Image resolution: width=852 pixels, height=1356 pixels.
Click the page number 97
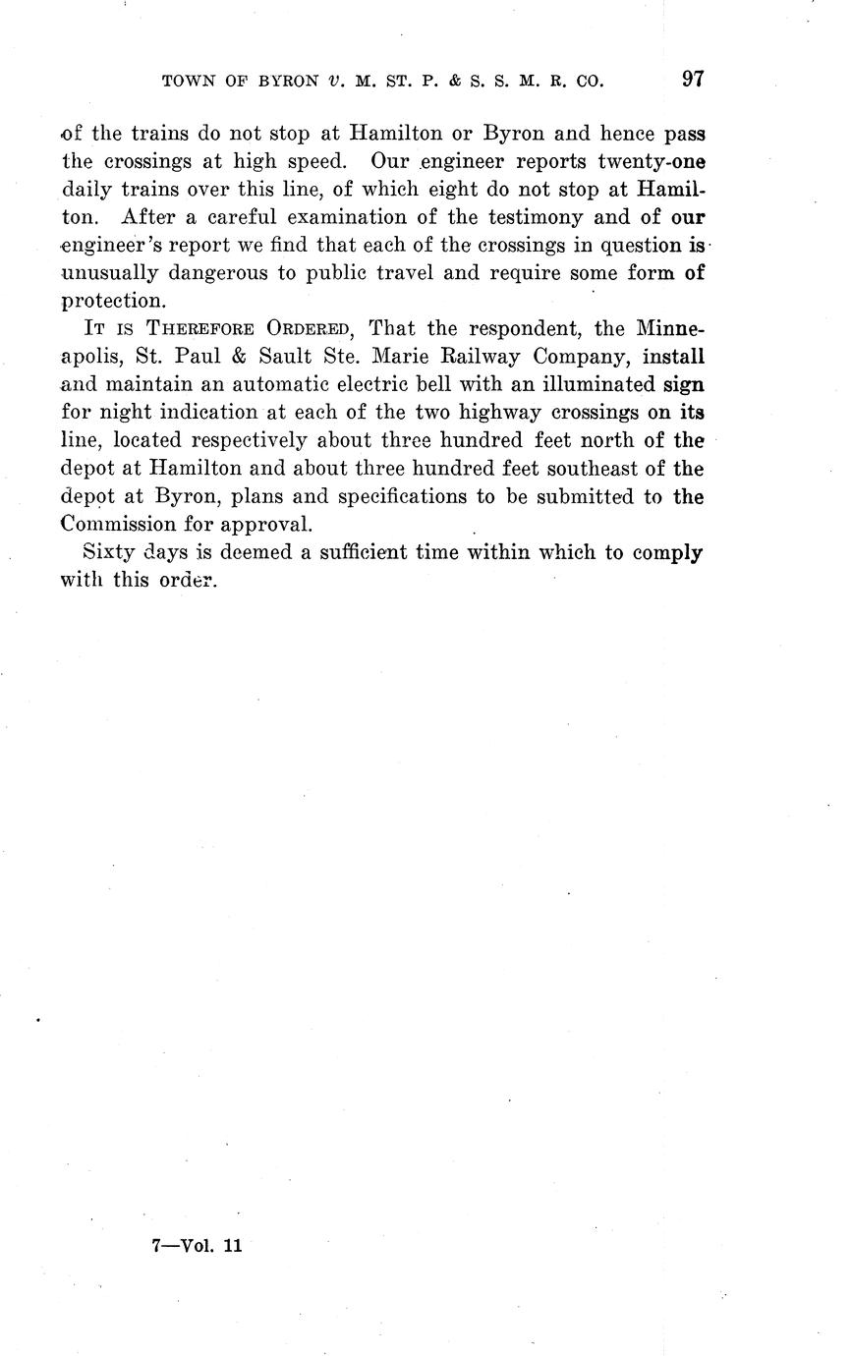coord(693,81)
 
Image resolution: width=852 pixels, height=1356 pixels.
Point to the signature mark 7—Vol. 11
coord(197,1246)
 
